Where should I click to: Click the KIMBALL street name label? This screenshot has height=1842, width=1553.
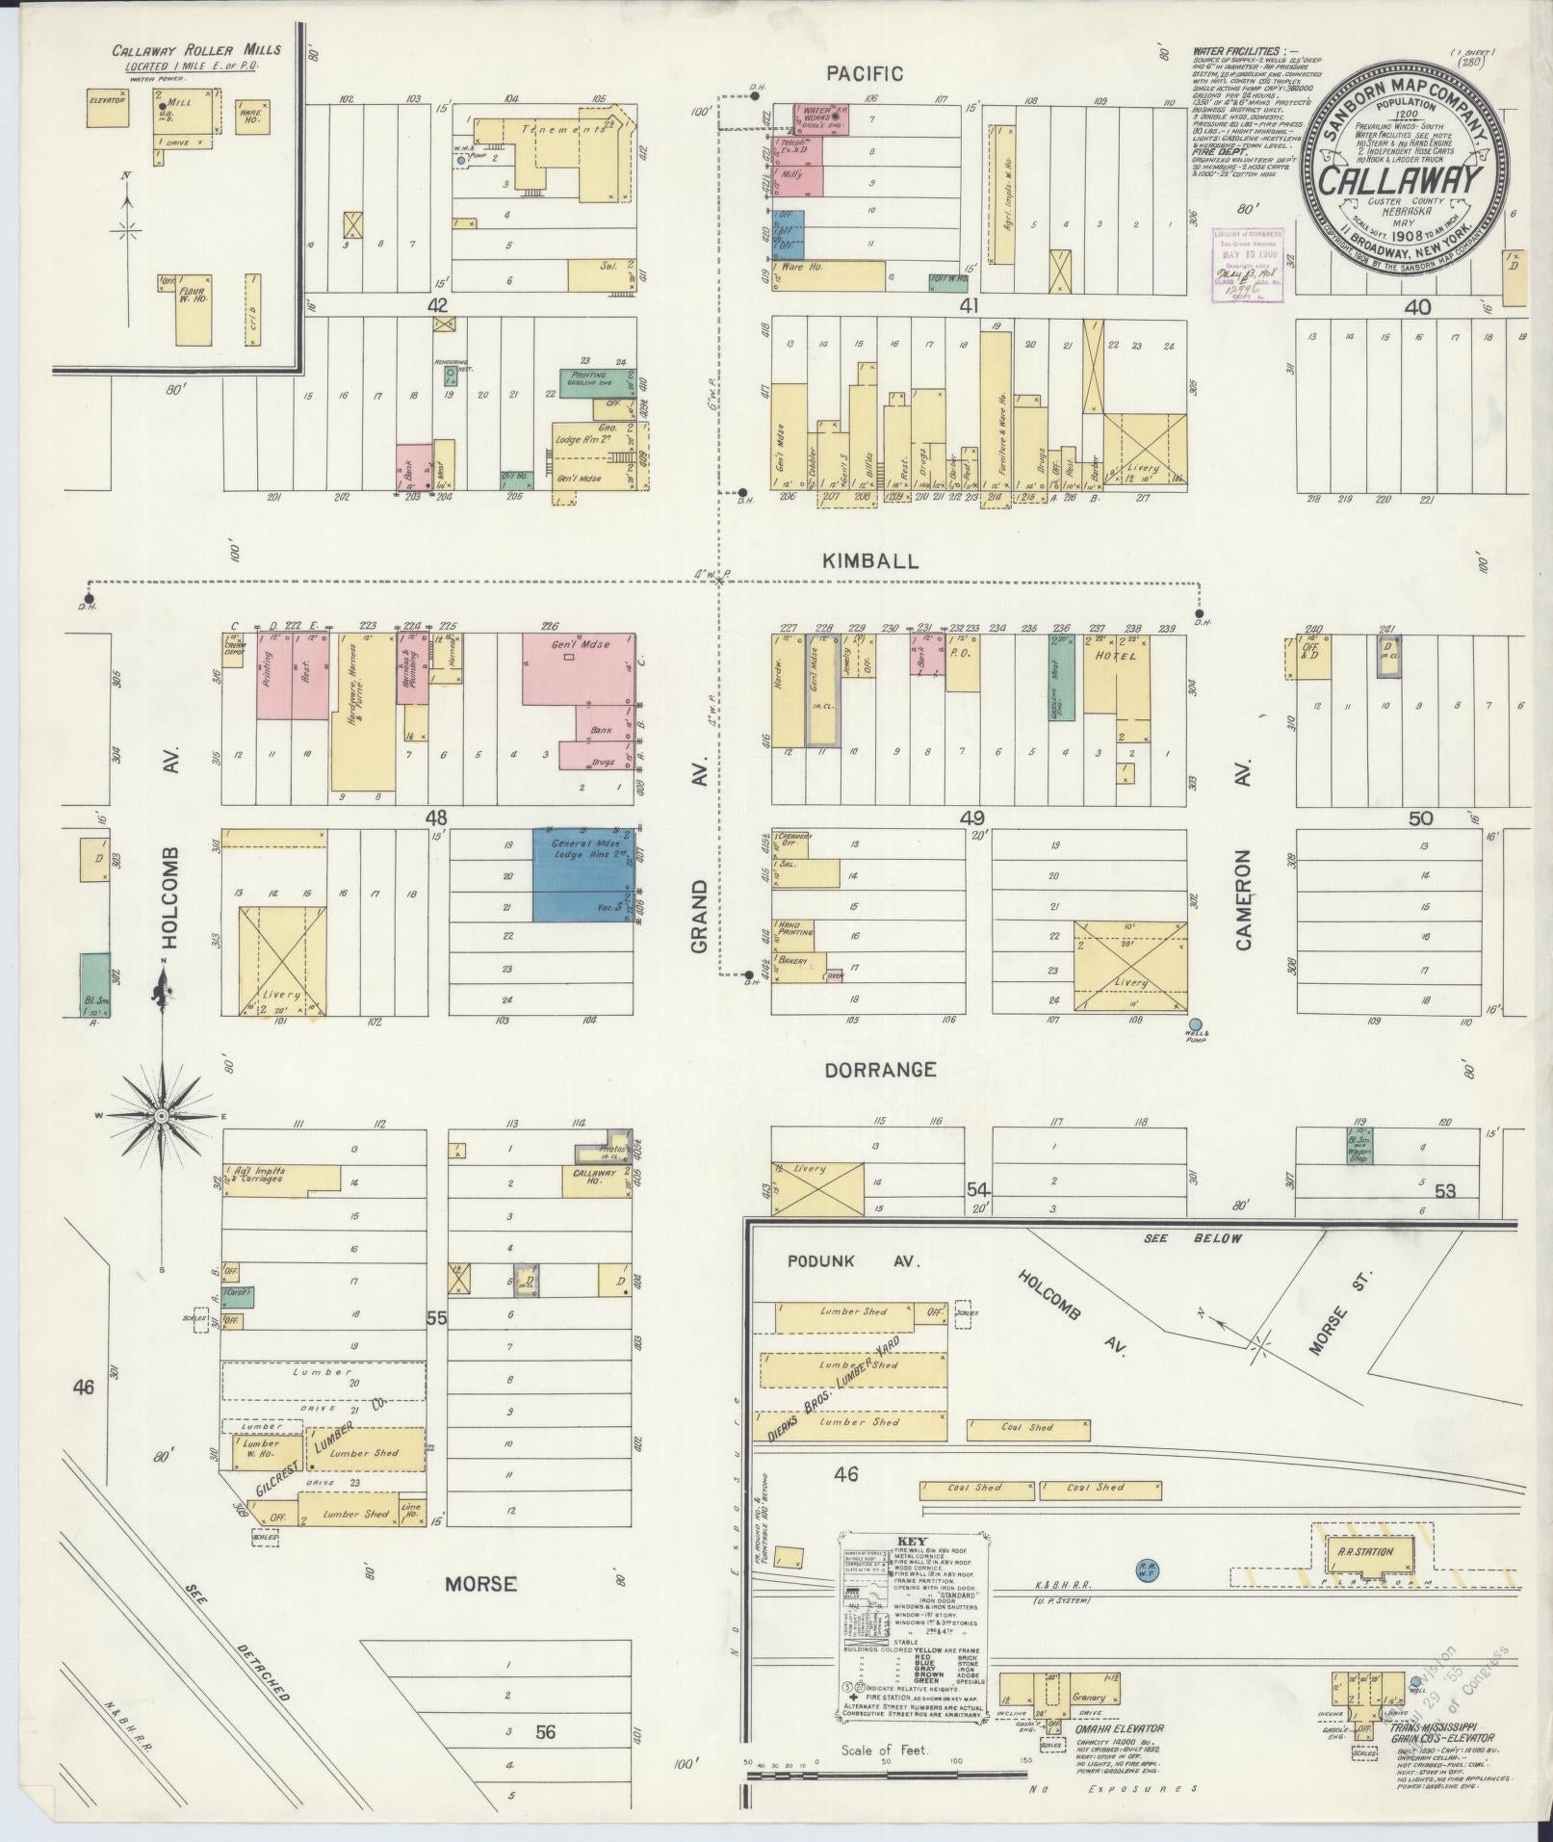click(x=884, y=561)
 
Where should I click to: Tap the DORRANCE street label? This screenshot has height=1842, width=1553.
click(x=880, y=1070)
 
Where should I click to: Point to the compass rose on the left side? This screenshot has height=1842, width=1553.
click(x=163, y=1115)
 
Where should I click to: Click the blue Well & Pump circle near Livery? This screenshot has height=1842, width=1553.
click(x=1196, y=1025)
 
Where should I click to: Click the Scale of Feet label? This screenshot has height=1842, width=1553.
click(x=884, y=1750)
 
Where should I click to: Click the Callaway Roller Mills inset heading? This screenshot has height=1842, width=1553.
click(x=196, y=50)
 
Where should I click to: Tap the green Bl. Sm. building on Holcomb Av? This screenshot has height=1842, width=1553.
click(x=93, y=984)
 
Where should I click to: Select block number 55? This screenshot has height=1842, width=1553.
click(x=436, y=1318)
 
